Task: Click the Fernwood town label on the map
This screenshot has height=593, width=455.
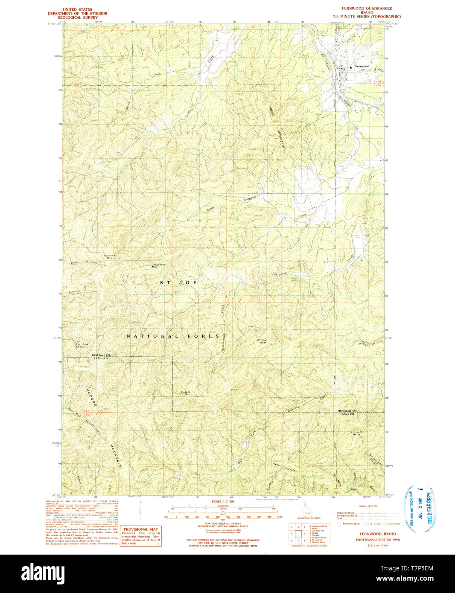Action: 362,66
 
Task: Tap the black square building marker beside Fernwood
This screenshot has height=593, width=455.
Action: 352,67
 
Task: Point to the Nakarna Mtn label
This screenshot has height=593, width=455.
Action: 110,256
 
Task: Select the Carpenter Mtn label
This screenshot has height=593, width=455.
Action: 158,265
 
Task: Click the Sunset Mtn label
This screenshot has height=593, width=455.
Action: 185,393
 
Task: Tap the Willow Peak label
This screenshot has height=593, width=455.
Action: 262,341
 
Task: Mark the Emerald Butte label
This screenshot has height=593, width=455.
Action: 356,433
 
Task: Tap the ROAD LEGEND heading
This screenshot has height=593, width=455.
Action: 368,506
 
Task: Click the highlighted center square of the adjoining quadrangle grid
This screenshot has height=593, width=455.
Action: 297,533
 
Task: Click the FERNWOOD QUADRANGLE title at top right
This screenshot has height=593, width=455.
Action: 367,9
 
